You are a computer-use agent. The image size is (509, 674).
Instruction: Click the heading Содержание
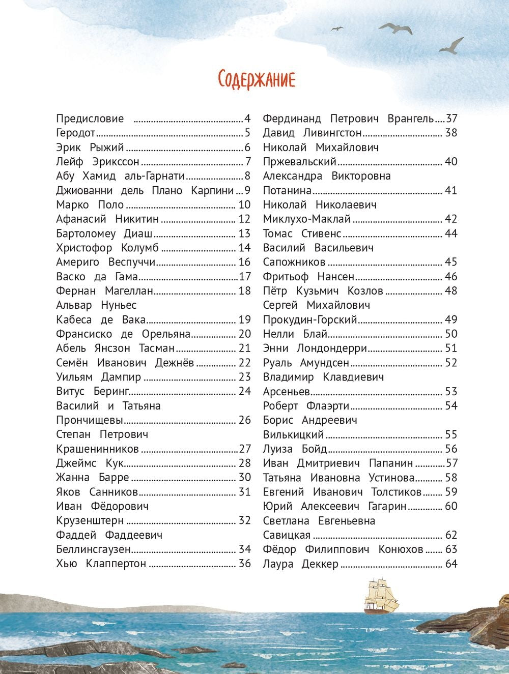[x=256, y=79]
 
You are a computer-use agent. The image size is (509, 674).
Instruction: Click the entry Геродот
[x=76, y=133]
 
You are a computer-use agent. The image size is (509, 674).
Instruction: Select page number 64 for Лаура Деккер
[x=451, y=564]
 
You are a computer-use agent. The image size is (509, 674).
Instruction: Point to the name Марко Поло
[x=90, y=205]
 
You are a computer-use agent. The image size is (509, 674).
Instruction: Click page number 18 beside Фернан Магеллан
[x=245, y=291]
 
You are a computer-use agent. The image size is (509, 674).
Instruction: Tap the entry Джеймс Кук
[x=90, y=463]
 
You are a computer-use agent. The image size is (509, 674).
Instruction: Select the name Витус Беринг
[x=92, y=391]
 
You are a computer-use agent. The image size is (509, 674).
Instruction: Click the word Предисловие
[x=90, y=119]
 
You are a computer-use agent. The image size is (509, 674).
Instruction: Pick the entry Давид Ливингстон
[x=312, y=133]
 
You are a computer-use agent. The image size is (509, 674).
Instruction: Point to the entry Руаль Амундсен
[x=306, y=363]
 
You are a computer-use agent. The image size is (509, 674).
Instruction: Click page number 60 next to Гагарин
[x=451, y=506]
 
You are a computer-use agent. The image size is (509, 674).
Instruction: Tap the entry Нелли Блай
[x=295, y=334]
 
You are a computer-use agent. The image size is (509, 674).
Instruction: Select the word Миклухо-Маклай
[x=307, y=219]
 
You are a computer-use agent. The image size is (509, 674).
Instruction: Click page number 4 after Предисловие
[x=248, y=119]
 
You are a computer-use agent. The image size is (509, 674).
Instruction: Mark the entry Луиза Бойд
[x=295, y=449]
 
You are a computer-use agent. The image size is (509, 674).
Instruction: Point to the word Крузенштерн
[x=90, y=520]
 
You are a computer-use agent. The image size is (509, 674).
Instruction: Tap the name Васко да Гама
[x=97, y=277]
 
